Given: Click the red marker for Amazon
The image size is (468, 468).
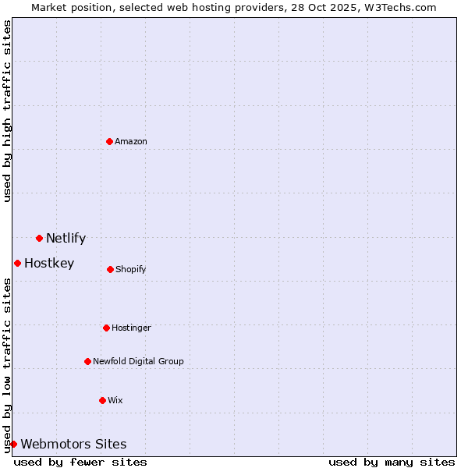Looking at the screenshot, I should (x=109, y=141).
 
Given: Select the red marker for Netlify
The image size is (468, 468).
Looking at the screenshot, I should (x=39, y=238).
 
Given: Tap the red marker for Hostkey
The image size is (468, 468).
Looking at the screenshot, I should (x=17, y=263).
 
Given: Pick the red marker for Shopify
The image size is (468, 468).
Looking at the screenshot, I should (x=110, y=269).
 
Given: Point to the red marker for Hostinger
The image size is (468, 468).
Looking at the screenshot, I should (x=106, y=328).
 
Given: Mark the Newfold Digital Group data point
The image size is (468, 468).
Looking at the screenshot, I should (x=87, y=361).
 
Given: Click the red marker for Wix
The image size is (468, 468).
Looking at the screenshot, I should (x=102, y=400).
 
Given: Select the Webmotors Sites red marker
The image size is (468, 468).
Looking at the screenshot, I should (x=13, y=444).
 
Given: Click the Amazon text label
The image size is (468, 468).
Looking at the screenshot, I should (x=131, y=141).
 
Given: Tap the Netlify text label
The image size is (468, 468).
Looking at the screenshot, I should (x=66, y=239).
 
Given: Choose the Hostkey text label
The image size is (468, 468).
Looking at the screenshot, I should (x=49, y=264).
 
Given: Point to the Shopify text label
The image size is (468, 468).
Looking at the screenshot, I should (x=131, y=270).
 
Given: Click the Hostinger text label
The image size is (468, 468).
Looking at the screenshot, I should (x=131, y=328).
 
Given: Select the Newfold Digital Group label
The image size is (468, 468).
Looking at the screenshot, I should (x=138, y=362).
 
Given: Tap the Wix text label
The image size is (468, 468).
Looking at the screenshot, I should (x=115, y=401).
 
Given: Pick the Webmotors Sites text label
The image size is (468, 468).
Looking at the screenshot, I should (x=73, y=445).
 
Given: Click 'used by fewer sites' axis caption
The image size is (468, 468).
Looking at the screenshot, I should (x=80, y=462).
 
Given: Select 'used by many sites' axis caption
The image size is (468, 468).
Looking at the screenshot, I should (x=392, y=462).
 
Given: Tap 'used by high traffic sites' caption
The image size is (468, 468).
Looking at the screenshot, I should (x=7, y=111).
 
